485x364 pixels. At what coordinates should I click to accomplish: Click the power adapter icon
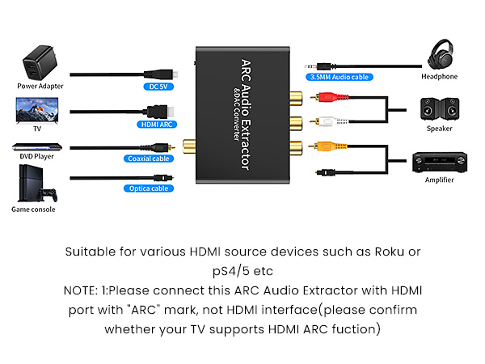(x=40, y=61)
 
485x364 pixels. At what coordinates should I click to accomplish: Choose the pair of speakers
(x=439, y=109)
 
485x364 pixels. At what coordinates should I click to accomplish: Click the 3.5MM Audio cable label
(x=338, y=78)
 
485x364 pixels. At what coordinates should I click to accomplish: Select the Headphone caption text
(x=439, y=77)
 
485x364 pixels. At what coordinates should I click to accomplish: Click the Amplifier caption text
(x=439, y=180)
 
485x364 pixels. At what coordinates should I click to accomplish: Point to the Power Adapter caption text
(x=40, y=86)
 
